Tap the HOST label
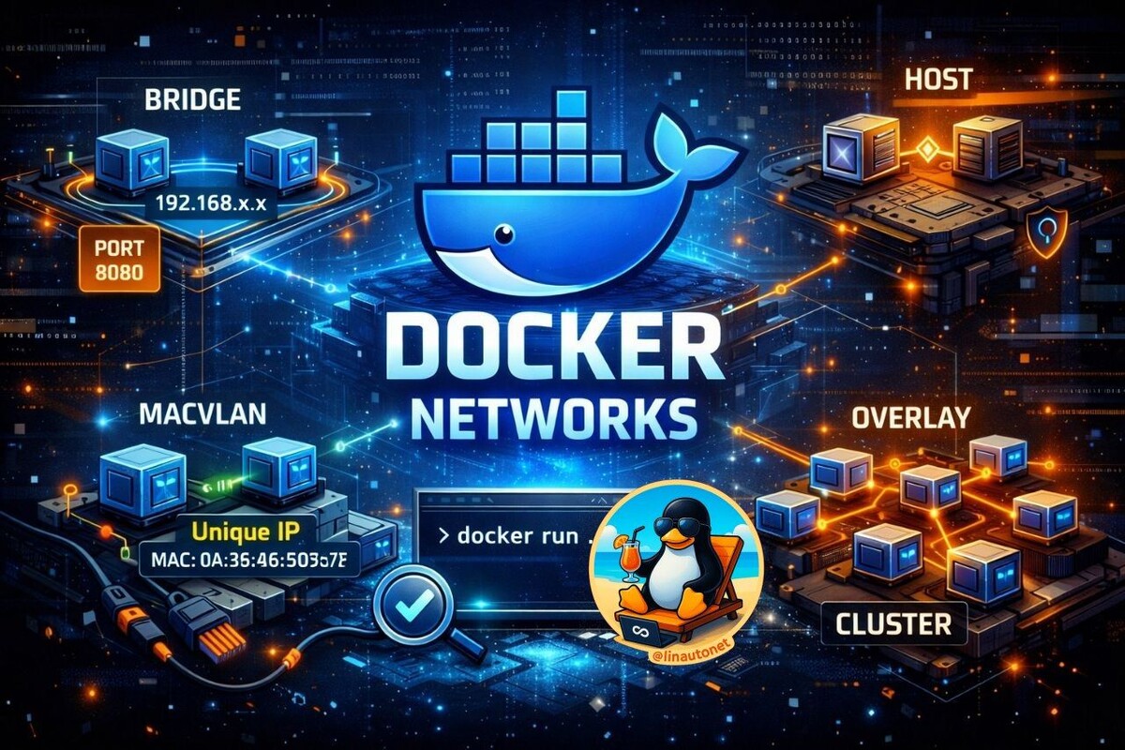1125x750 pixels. coord(938,80)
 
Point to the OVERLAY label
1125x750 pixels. coord(909,417)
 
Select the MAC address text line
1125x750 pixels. coord(248,562)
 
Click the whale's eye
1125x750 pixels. coord(507,232)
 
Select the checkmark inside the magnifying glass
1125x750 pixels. coord(410,607)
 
